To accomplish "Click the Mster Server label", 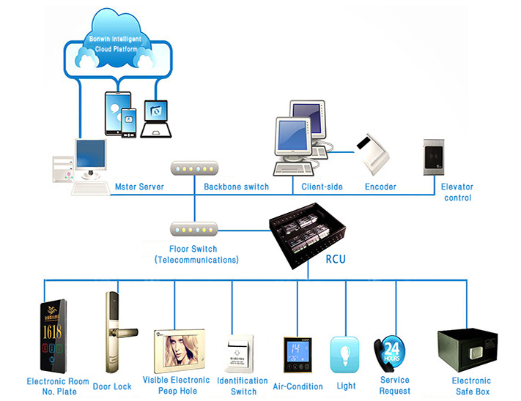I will [138, 187].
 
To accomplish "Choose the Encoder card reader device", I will [375, 154].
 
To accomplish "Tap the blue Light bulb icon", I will [344, 354].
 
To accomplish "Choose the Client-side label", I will [322, 187].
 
